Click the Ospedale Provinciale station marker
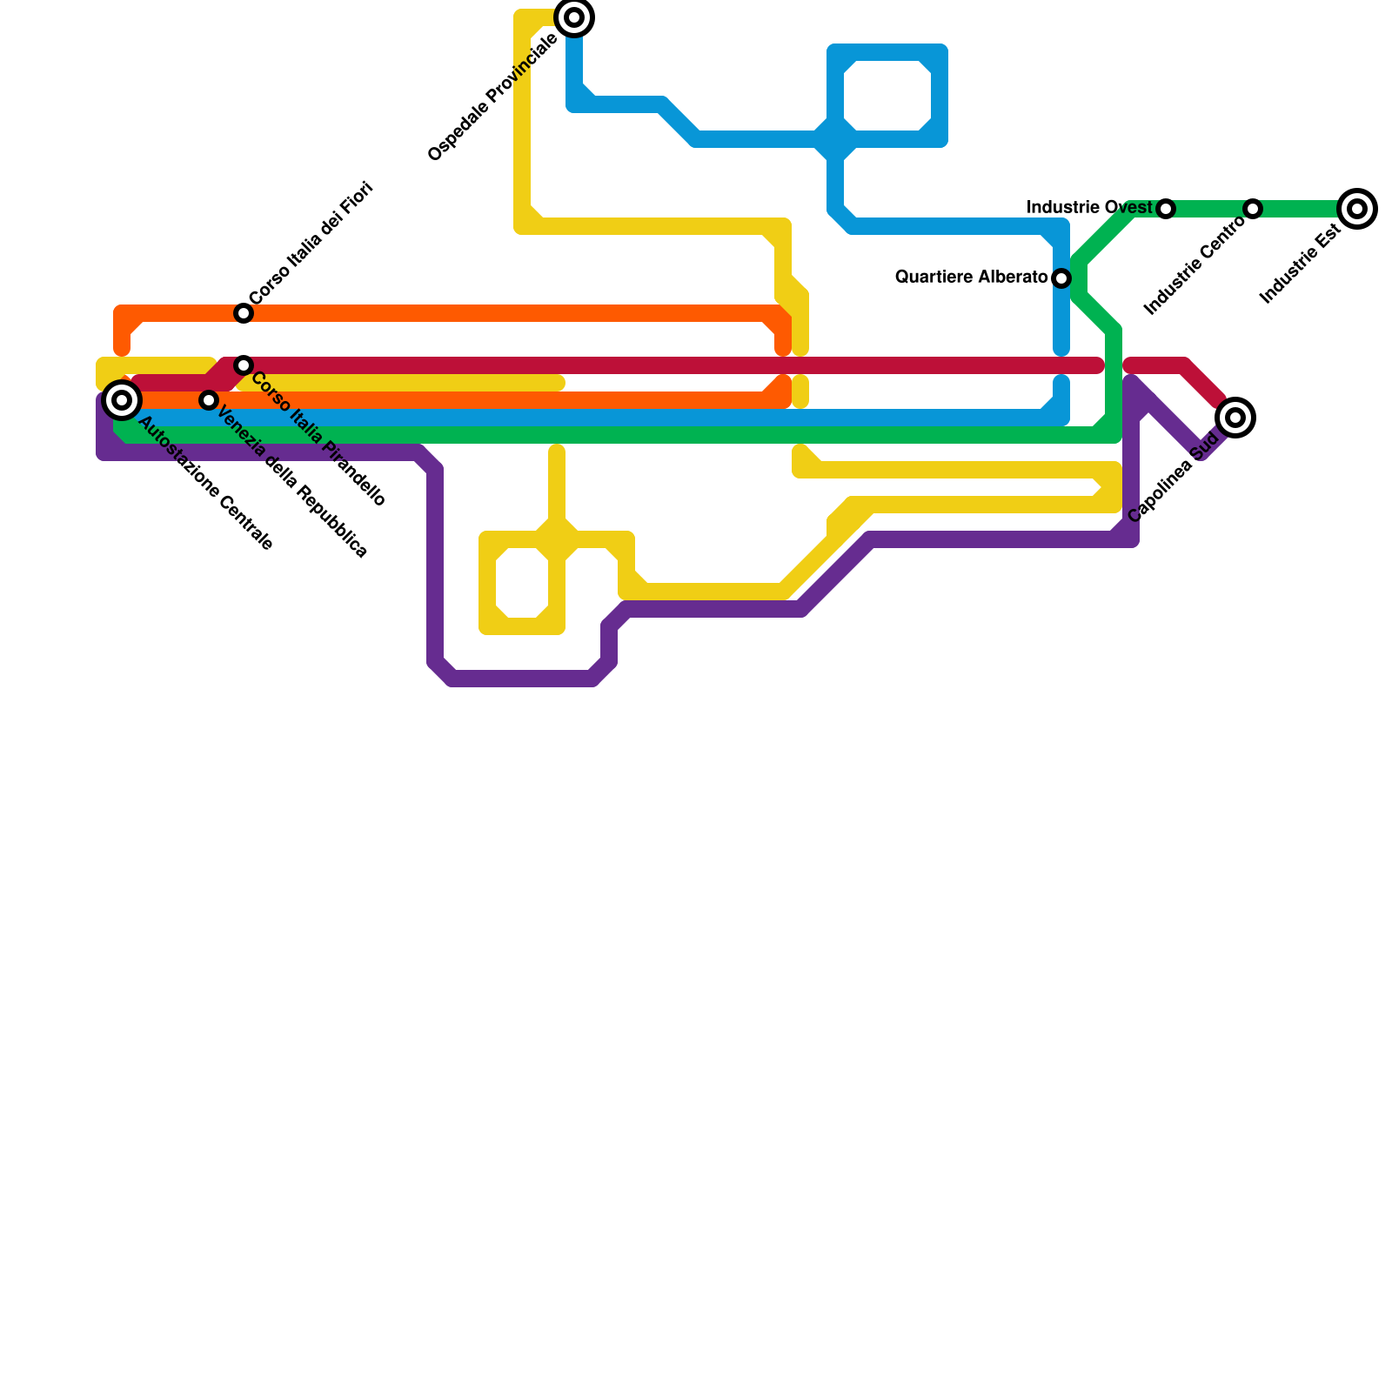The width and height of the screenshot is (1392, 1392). click(x=574, y=17)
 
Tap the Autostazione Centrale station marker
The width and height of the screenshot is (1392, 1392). click(x=122, y=400)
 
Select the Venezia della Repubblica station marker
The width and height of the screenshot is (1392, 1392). click(x=209, y=400)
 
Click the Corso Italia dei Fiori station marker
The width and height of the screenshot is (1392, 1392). click(x=244, y=313)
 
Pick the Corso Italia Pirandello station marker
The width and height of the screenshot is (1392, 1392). click(x=244, y=365)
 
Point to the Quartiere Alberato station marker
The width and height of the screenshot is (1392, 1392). click(x=1061, y=278)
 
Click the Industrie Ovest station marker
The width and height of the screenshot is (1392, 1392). click(x=1166, y=209)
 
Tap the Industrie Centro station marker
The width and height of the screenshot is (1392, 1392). click(x=1253, y=209)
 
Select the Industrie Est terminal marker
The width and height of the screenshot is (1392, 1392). click(x=1357, y=209)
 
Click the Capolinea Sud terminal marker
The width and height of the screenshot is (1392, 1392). click(x=1235, y=418)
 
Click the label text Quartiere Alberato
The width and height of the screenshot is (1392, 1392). click(x=971, y=278)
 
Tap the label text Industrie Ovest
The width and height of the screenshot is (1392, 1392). click(x=1089, y=208)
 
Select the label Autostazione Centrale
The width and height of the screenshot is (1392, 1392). click(x=206, y=484)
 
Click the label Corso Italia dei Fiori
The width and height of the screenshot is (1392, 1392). click(x=311, y=243)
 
